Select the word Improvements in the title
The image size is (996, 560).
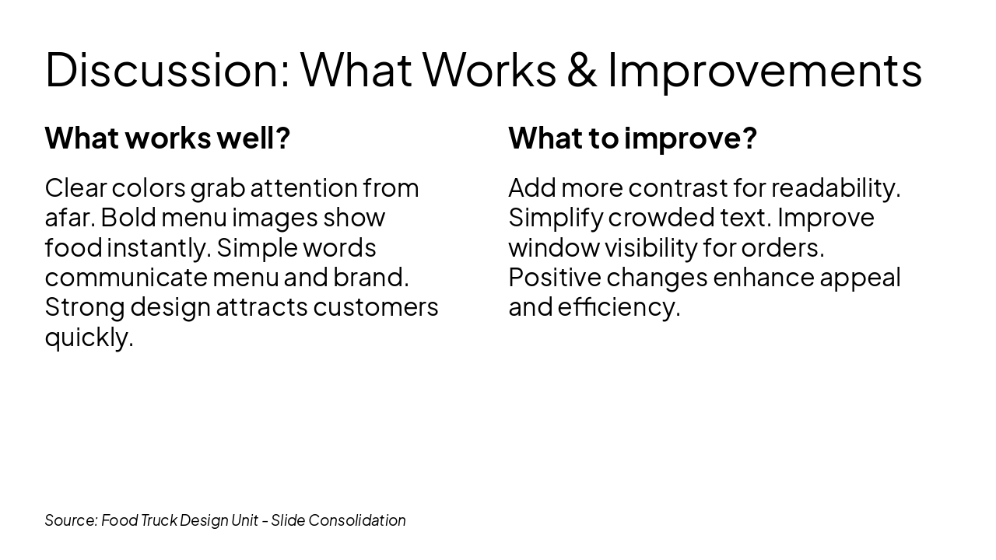[x=764, y=69]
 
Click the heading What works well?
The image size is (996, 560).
[x=167, y=138]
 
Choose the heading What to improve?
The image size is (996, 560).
[x=632, y=138]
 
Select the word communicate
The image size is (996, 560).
[x=124, y=278]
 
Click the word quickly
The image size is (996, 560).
[x=89, y=338]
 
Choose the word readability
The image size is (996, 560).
[x=835, y=188]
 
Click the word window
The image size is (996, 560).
[x=552, y=248]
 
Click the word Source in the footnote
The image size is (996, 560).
[x=71, y=520]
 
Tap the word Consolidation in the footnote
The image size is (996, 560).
[x=357, y=520]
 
